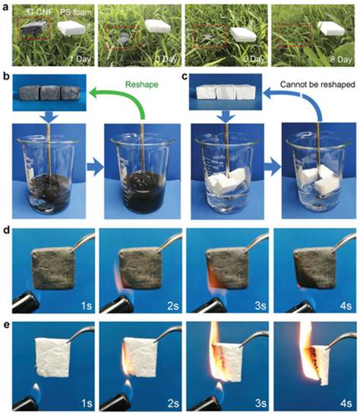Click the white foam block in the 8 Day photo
pyautogui.click(x=331, y=29)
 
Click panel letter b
pyautogui.click(x=8, y=76)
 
